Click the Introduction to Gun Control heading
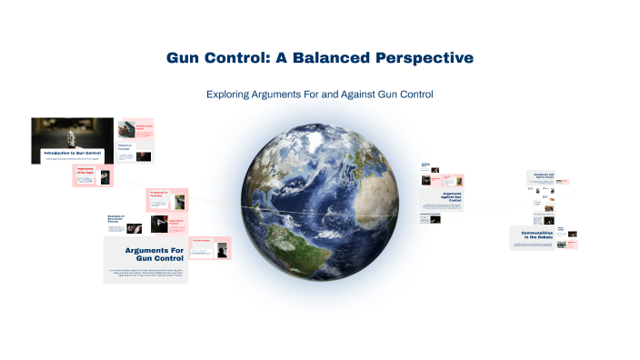[x=73, y=152]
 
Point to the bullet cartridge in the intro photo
[x=72, y=133]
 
